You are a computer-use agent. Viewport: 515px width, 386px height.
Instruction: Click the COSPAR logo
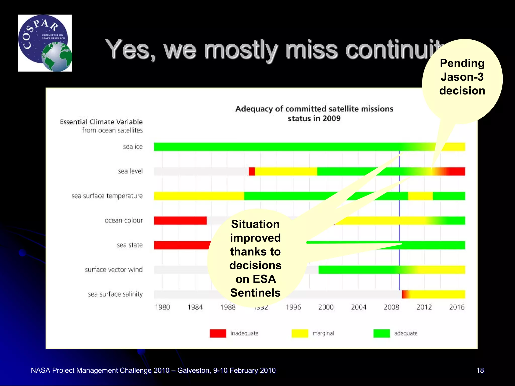[45, 43]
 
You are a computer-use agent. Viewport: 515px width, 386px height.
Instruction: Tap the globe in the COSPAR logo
[57, 57]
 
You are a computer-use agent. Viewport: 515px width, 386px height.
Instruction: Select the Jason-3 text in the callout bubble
[462, 77]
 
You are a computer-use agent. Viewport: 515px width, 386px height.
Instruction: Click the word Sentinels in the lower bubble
[255, 293]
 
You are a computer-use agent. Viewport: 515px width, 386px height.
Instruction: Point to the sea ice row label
[133, 147]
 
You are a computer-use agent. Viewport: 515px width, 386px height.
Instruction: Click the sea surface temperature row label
[107, 196]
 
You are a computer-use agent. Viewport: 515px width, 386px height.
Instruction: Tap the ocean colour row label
[123, 220]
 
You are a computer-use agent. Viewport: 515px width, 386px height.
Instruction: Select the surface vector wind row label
[114, 270]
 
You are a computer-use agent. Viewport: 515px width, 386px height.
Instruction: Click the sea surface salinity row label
[115, 294]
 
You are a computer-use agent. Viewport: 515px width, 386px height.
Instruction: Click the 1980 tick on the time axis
[162, 307]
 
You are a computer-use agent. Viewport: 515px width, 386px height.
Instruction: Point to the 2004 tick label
[359, 307]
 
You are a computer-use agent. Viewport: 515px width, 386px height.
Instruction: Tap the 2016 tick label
[457, 307]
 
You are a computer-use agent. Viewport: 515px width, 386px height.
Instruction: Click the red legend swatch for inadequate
[218, 333]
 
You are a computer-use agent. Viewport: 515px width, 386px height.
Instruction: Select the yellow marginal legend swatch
[300, 333]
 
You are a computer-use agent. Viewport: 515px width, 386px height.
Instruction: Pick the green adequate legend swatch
[381, 333]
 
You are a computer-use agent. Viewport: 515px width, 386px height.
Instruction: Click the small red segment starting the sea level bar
[252, 171]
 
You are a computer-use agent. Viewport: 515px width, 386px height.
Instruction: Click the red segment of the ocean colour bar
[180, 220]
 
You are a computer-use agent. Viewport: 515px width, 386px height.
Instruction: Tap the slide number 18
[480, 370]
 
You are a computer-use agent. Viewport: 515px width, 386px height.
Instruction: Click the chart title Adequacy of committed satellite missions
[314, 109]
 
